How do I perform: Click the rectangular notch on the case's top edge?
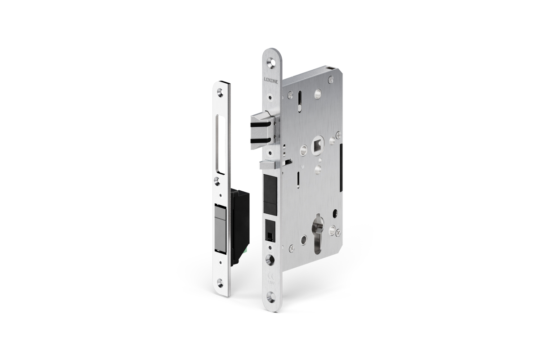tap(331, 67)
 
